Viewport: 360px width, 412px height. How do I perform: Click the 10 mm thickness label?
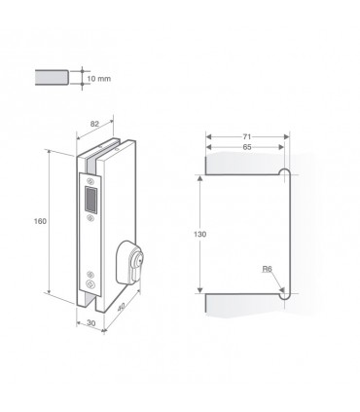click(x=99, y=79)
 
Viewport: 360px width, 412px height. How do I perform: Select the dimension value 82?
click(x=94, y=124)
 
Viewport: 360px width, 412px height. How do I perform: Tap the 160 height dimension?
click(x=40, y=221)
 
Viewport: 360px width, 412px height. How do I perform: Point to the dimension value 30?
click(x=91, y=323)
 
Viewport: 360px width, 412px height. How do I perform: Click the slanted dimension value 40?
click(x=121, y=307)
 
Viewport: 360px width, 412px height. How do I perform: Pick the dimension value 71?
click(x=247, y=136)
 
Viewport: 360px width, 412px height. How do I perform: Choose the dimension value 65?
click(x=247, y=147)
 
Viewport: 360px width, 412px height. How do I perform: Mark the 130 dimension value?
click(x=199, y=234)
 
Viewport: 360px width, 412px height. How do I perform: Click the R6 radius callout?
click(x=267, y=269)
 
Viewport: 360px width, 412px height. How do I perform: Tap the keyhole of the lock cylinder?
click(x=138, y=261)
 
